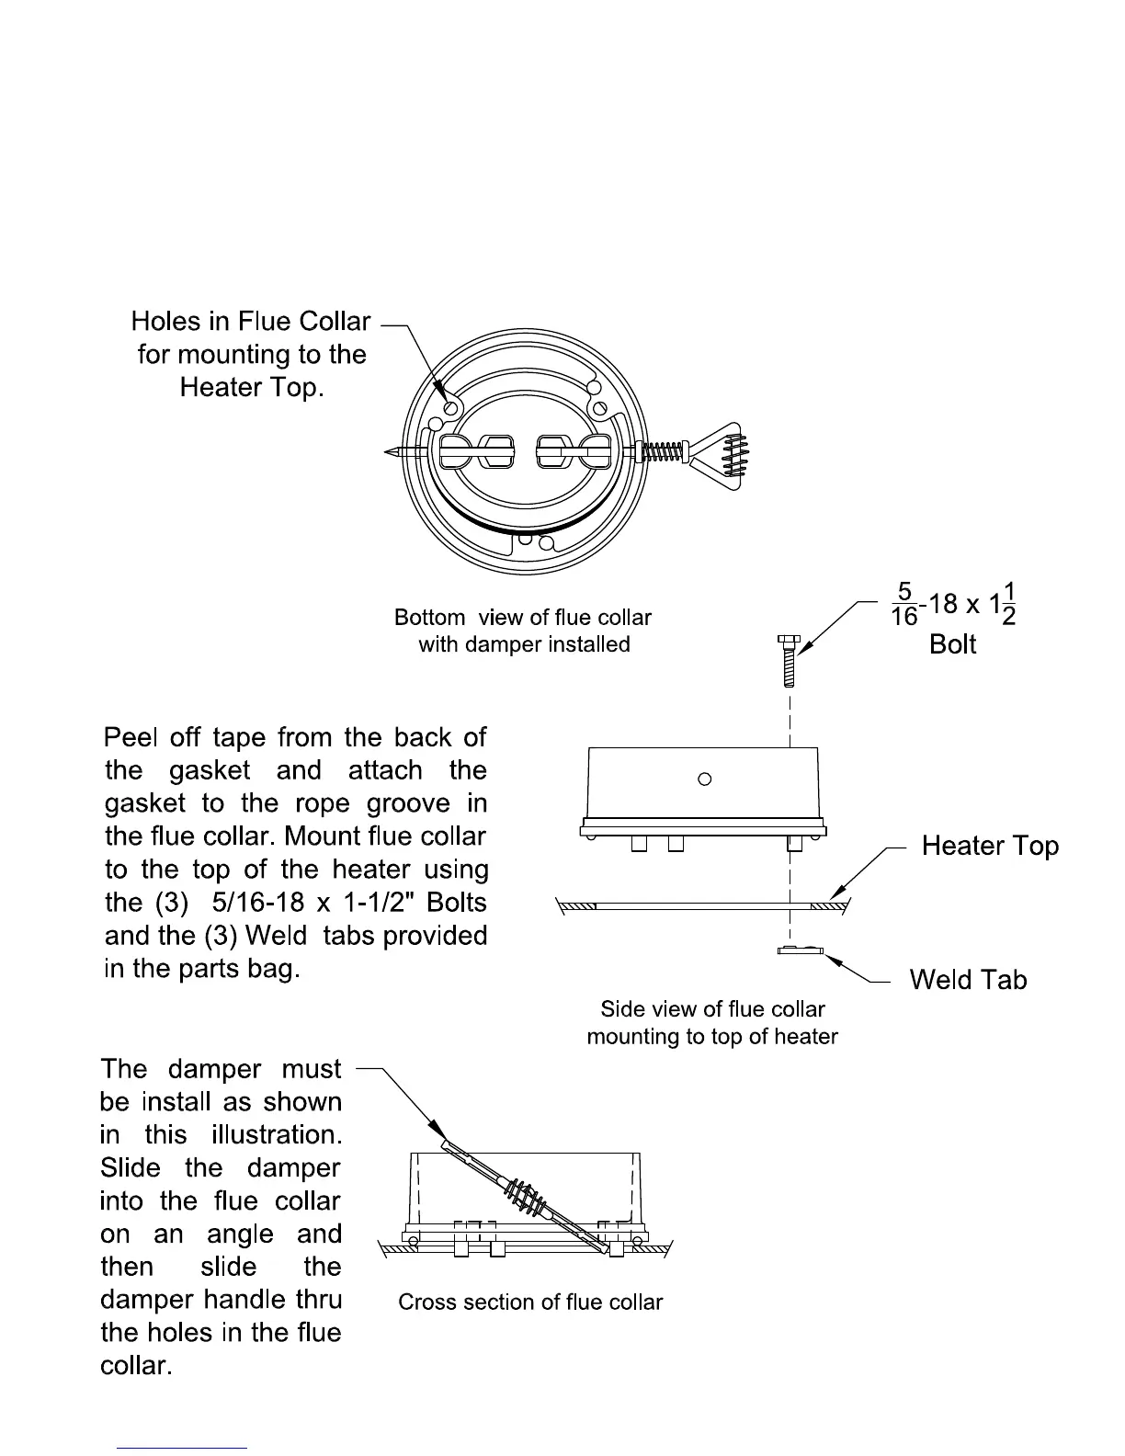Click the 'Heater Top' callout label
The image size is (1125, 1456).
(989, 846)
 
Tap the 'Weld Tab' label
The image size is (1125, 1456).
(967, 979)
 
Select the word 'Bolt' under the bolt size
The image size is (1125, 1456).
(952, 643)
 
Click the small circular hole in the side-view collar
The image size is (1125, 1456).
(705, 779)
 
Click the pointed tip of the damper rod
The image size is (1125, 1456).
(390, 451)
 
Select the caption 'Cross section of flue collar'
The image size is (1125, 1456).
(530, 1302)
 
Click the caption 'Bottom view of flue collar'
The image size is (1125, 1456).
(523, 617)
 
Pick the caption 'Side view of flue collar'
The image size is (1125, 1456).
(712, 1008)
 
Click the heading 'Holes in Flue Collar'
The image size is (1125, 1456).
(250, 321)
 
